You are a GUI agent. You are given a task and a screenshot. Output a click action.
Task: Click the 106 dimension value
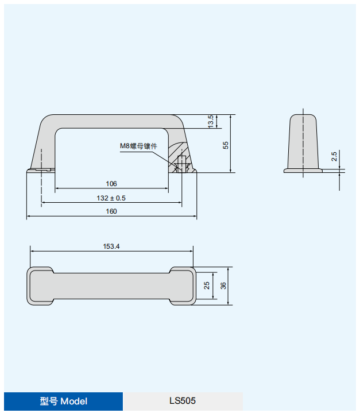click(x=111, y=184)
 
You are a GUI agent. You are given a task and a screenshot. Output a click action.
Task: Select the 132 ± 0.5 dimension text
click(x=111, y=198)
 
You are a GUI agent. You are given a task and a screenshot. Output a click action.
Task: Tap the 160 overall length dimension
click(x=111, y=211)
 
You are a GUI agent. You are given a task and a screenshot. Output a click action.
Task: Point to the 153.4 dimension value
click(x=111, y=246)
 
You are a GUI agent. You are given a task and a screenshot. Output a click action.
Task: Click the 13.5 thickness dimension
click(x=210, y=121)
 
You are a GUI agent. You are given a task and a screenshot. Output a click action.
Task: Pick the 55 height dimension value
click(x=226, y=145)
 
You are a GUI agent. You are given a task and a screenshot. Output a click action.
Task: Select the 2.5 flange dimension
click(x=334, y=156)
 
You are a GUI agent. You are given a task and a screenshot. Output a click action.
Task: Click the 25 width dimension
click(x=207, y=285)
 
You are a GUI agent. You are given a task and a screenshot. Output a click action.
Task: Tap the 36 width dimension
click(x=223, y=285)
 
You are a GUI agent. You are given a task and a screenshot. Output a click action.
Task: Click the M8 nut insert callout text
click(x=138, y=146)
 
